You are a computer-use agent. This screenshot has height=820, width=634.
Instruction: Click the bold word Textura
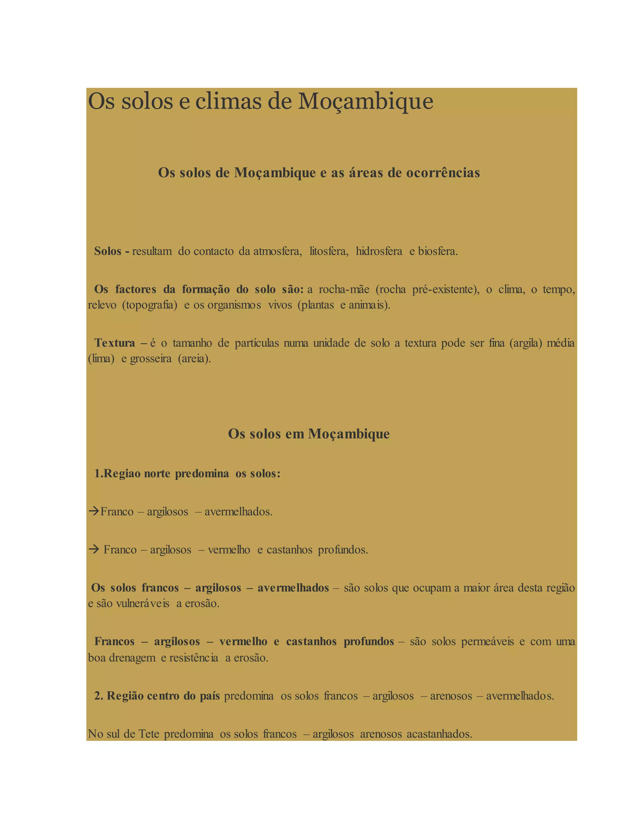point(115,343)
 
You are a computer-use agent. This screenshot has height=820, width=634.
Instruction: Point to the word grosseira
point(151,359)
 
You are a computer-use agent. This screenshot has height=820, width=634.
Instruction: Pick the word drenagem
point(132,658)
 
